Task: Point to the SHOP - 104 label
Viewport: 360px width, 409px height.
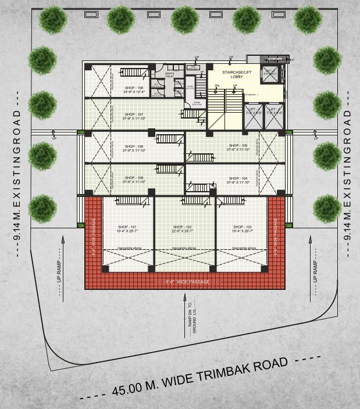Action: (x=237, y=178)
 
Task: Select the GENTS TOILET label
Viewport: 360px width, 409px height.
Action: (x=170, y=75)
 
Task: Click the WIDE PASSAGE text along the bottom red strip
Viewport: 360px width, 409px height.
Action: (x=185, y=281)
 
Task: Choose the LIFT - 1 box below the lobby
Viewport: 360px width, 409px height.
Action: (x=253, y=110)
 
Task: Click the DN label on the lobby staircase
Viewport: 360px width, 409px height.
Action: (x=216, y=87)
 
